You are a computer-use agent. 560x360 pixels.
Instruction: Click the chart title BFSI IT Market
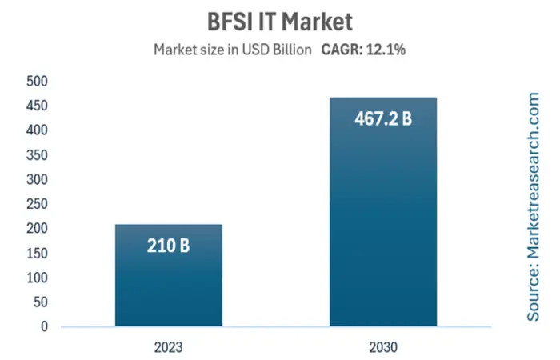(x=279, y=18)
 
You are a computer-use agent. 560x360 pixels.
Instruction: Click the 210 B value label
(x=168, y=245)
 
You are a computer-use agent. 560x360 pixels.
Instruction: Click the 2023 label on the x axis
(x=169, y=346)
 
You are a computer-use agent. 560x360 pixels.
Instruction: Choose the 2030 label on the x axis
(x=383, y=346)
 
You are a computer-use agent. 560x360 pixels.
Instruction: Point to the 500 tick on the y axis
(x=38, y=81)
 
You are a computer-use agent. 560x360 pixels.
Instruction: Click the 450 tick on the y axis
(x=38, y=106)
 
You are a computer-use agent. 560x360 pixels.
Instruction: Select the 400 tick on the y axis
(x=38, y=130)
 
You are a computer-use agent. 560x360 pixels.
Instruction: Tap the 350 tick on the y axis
(x=38, y=154)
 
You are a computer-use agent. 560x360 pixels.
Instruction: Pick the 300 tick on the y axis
(x=38, y=179)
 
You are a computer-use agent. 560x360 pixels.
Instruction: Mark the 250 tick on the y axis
(x=38, y=204)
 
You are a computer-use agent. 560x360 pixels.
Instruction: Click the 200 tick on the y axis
(x=38, y=229)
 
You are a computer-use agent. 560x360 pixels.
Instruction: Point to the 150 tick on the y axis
(x=38, y=253)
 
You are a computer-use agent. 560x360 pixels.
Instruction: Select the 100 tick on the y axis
(x=38, y=278)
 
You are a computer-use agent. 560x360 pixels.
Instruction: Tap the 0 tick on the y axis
(x=45, y=326)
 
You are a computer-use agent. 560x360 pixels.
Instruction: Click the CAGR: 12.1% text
(x=363, y=50)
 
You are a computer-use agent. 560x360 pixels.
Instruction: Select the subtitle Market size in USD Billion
(x=231, y=50)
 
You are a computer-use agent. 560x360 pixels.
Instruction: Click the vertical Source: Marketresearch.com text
(x=534, y=206)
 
